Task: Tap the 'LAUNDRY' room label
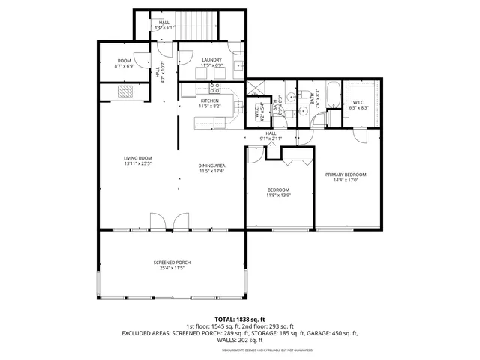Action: point(211,59)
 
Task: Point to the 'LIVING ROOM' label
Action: point(138,158)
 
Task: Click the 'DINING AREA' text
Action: point(212,166)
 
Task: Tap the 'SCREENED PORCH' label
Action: point(172,262)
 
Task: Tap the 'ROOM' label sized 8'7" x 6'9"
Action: point(124,60)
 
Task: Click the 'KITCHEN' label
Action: point(209,100)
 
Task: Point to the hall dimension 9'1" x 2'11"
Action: point(271,139)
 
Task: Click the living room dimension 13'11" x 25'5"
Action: point(138,163)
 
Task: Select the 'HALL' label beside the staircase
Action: point(164,22)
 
